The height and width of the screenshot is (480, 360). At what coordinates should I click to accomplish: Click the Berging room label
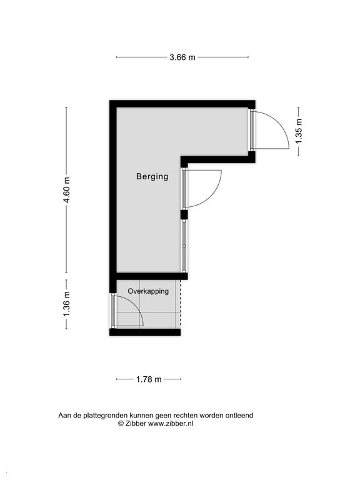[152, 177]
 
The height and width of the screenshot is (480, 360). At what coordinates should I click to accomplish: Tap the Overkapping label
[148, 291]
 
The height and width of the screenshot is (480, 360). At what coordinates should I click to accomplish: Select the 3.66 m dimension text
[182, 57]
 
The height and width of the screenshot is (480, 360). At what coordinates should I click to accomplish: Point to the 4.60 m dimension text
[67, 190]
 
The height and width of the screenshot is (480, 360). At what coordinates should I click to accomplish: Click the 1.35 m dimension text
[299, 131]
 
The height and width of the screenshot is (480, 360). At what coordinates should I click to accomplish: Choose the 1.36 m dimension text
[67, 304]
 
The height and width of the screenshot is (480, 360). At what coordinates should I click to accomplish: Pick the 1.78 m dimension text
[149, 379]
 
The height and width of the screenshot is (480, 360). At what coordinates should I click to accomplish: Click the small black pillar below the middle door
[184, 214]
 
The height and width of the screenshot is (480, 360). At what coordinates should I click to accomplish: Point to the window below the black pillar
[184, 246]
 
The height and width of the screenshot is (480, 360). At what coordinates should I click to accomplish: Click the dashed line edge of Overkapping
[181, 304]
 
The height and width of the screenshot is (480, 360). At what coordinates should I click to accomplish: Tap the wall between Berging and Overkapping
[152, 276]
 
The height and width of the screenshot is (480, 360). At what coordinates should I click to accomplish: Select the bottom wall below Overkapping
[145, 332]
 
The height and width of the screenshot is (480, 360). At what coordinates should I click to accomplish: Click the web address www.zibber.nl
[171, 424]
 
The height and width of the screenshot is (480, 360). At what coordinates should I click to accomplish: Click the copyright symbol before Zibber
[121, 424]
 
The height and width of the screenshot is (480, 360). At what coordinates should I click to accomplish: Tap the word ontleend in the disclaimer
[239, 416]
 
